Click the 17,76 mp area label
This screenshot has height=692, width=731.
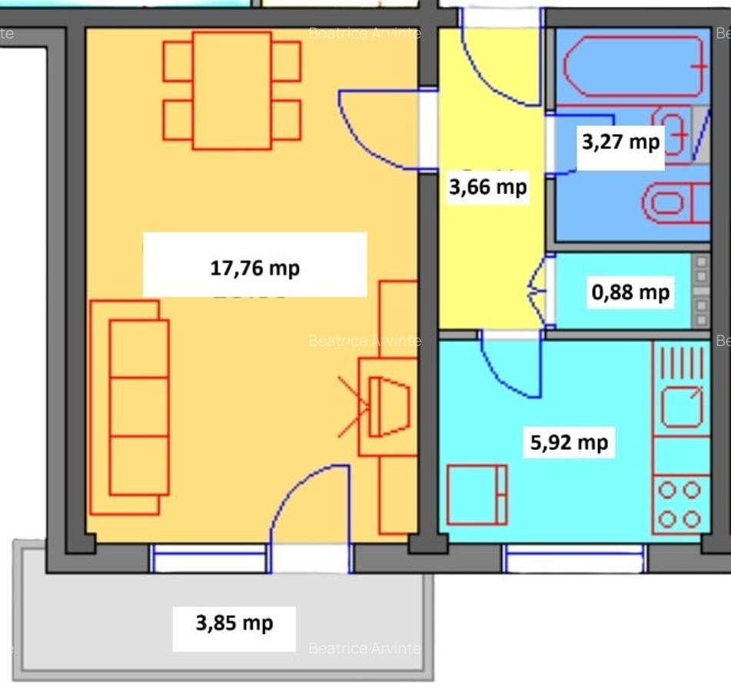click(x=254, y=268)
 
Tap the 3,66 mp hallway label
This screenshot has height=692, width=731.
click(x=487, y=186)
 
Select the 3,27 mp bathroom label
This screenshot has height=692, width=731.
click(x=620, y=141)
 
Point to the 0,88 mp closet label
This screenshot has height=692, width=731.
click(x=630, y=292)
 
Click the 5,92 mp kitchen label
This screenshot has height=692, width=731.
click(x=569, y=442)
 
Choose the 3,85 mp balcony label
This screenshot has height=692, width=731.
click(x=234, y=622)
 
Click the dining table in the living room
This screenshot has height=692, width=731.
click(x=231, y=90)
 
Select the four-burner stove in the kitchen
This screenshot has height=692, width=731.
click(x=680, y=504)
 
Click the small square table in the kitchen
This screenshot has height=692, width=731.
click(x=477, y=494)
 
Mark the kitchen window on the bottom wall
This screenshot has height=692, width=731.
click(x=574, y=558)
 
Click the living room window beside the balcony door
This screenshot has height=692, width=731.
click(x=209, y=558)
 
